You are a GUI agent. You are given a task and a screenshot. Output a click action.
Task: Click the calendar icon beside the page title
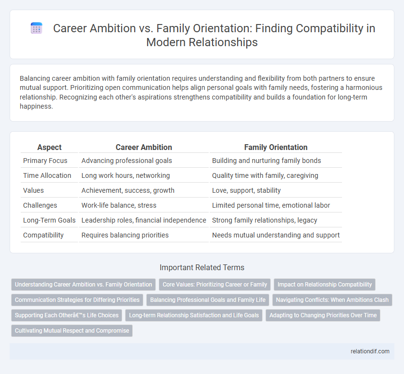tap(37, 28)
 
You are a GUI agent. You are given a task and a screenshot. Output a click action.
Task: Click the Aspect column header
tap(50, 147)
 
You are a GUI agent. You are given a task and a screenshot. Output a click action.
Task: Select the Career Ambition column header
tap(144, 147)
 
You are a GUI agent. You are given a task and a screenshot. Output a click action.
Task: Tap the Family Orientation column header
tap(276, 147)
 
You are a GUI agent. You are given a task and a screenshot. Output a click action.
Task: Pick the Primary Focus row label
tap(45, 161)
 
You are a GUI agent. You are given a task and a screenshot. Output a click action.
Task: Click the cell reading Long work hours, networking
tap(126, 175)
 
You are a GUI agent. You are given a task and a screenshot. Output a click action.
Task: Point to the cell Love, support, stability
tap(246, 191)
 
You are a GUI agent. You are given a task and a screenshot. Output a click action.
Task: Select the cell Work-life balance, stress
tap(119, 206)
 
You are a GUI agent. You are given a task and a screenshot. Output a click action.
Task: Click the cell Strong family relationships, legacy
tap(265, 221)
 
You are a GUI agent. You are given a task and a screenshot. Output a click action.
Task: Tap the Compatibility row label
tap(43, 236)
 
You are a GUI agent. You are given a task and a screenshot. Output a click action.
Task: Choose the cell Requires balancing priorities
tap(125, 236)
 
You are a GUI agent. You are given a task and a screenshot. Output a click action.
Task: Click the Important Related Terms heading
tap(202, 268)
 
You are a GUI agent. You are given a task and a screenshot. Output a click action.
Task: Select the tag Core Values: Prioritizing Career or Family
tap(215, 285)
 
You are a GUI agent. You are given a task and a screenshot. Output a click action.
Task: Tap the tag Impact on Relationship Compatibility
tap(325, 285)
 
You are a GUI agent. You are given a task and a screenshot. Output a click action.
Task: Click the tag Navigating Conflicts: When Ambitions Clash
tap(332, 300)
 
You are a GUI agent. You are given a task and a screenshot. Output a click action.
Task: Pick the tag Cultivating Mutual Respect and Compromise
tap(72, 331)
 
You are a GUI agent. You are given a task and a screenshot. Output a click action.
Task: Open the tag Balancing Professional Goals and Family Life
tap(208, 300)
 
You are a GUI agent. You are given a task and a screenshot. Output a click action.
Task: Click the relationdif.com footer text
tap(370, 351)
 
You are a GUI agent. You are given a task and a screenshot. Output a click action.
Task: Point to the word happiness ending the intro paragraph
tap(37, 106)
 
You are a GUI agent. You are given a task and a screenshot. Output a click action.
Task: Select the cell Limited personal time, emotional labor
tap(271, 206)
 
